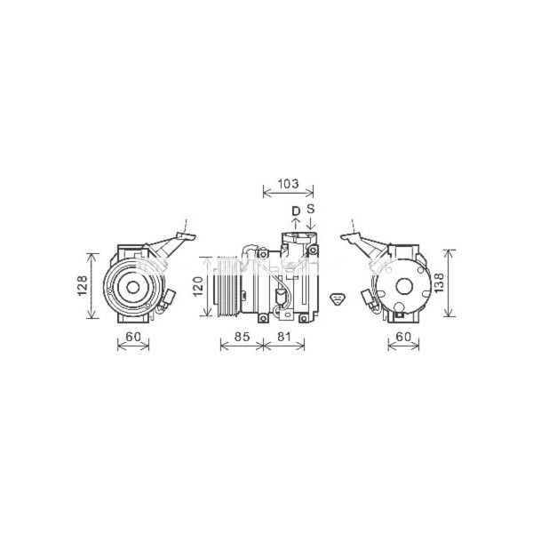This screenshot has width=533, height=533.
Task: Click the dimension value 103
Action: (x=288, y=184)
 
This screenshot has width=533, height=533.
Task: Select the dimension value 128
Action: (x=82, y=284)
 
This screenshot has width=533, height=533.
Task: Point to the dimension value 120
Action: (x=200, y=285)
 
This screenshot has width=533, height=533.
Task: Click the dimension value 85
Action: (x=241, y=337)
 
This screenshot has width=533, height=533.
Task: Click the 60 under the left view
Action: (x=133, y=337)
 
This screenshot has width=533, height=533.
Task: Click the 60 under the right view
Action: (x=404, y=337)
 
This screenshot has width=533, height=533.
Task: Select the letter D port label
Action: (x=296, y=211)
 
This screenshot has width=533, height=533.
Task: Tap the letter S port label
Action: (x=311, y=210)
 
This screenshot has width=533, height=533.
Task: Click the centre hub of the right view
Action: (x=402, y=285)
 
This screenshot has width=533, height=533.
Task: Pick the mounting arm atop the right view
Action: (x=364, y=241)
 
